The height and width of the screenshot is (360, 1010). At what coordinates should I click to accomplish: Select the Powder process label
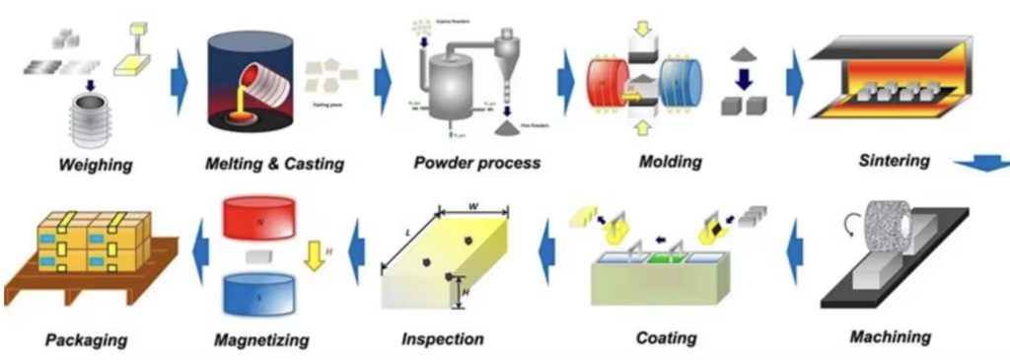tap(476, 163)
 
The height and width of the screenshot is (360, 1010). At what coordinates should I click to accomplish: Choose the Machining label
tap(890, 337)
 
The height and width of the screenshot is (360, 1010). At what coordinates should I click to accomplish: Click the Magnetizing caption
tap(261, 340)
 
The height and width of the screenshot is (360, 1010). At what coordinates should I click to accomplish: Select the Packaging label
tap(87, 340)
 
